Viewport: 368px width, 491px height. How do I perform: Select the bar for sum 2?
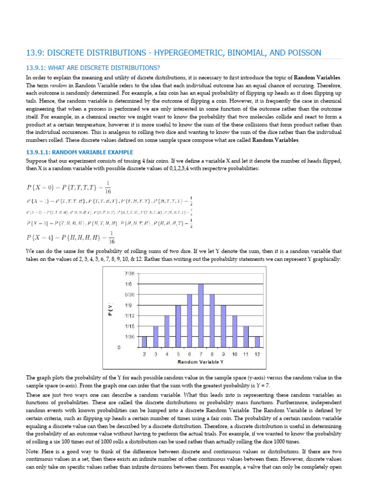click(x=144, y=341)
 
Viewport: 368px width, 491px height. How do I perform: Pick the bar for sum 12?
click(x=257, y=341)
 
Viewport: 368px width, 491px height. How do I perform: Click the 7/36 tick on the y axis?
click(x=128, y=273)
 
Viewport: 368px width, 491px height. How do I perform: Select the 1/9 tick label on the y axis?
click(x=129, y=305)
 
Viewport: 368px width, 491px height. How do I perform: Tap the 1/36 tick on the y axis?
click(x=128, y=337)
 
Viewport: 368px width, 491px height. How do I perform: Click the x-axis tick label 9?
click(x=223, y=354)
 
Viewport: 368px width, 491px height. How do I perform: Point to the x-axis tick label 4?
click(x=167, y=354)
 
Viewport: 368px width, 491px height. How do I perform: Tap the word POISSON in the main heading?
click(x=301, y=52)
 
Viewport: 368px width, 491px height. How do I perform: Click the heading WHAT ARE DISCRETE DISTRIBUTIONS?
click(x=93, y=67)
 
